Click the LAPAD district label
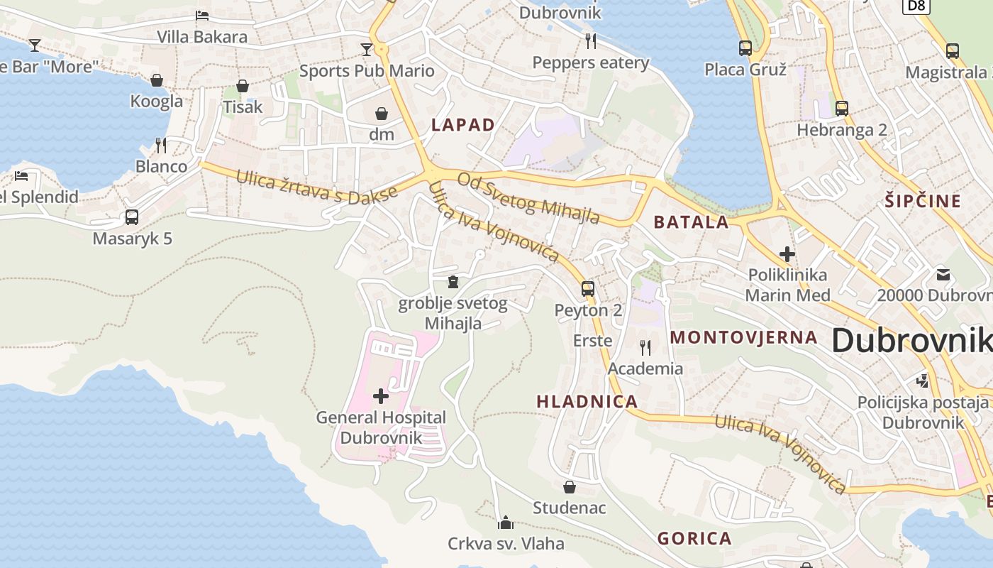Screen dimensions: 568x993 (x=463, y=125)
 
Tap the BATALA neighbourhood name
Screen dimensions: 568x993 (x=691, y=222)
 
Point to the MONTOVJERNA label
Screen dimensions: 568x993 (x=744, y=337)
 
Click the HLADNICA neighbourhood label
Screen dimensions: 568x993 (x=587, y=402)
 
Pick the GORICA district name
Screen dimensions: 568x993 (x=694, y=538)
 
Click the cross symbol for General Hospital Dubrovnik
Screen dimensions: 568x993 (x=381, y=395)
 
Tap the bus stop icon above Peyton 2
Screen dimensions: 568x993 (x=587, y=288)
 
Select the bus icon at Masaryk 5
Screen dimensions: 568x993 (x=132, y=217)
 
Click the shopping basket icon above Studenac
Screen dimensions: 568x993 (x=569, y=487)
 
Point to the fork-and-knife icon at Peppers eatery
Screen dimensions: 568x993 (x=591, y=41)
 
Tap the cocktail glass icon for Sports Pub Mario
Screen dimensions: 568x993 (x=366, y=49)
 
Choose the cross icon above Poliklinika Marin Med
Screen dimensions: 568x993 (x=787, y=253)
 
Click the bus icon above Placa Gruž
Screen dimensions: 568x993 (x=745, y=48)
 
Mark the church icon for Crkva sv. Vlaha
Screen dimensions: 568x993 (x=506, y=523)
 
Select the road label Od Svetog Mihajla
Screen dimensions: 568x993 (x=528, y=198)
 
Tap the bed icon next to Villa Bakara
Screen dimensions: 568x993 (x=202, y=15)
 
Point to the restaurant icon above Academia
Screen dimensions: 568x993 (x=645, y=347)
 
